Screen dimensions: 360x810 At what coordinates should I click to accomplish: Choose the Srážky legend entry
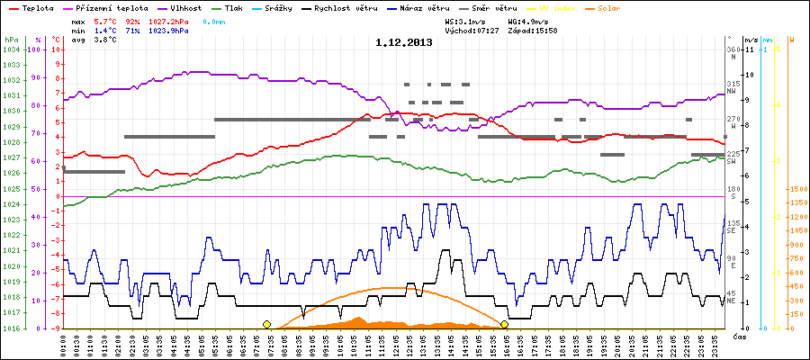click(288, 7)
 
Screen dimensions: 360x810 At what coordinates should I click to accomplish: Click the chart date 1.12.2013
click(404, 42)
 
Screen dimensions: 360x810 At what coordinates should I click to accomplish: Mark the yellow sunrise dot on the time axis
click(266, 324)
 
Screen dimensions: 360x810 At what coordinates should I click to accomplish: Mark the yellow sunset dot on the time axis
click(504, 324)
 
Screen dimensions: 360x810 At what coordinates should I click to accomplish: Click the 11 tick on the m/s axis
click(750, 49)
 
